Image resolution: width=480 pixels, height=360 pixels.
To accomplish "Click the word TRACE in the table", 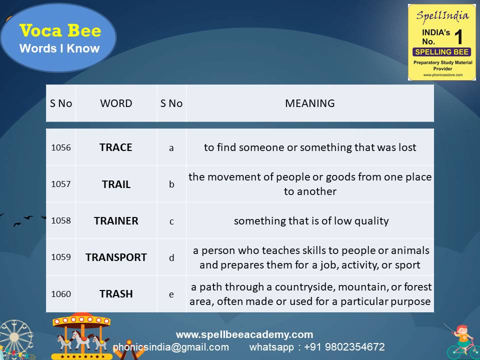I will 115,147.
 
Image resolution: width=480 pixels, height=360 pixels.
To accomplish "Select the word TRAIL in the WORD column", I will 116,184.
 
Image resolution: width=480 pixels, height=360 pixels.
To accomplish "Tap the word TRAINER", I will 116,221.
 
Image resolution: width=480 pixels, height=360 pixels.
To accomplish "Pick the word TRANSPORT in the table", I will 116,257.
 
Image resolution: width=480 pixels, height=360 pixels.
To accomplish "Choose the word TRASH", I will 116,294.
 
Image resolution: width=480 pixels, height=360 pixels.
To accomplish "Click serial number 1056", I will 61,147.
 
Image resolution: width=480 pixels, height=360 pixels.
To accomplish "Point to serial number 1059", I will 61,257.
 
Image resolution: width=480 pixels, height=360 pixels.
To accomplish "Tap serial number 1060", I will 61,294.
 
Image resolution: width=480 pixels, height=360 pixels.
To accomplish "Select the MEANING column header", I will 309,103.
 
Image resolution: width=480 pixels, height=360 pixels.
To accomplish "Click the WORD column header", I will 116,103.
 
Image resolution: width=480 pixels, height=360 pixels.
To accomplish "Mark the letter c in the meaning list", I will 171,221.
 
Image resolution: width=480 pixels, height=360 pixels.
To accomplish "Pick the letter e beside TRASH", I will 171,294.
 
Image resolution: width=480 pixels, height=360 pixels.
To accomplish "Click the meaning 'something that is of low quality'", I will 311,221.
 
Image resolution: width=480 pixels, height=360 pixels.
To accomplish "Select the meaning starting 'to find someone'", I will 310,147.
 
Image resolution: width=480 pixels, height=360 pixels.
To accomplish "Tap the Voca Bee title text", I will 60,31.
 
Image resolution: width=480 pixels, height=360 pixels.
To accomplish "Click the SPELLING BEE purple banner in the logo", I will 441,52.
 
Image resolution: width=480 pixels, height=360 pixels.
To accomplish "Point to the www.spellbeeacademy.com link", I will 244,334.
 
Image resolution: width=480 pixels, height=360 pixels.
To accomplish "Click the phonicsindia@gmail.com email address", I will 171,347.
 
